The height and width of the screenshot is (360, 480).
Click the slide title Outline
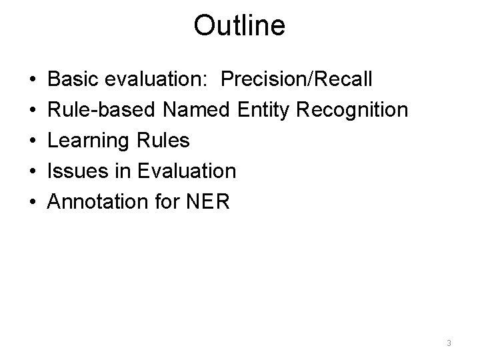tap(239, 26)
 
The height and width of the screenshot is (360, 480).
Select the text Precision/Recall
tap(297, 79)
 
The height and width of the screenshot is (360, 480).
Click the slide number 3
tap(449, 343)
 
